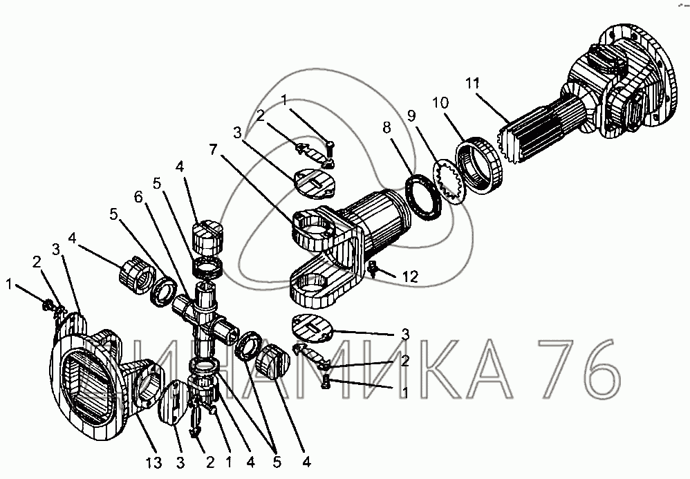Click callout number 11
tap(472, 84)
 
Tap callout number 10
tap(440, 103)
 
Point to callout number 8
tap(386, 128)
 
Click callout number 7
tap(214, 150)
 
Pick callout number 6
tap(138, 198)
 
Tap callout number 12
tap(410, 276)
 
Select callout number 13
tap(155, 462)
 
